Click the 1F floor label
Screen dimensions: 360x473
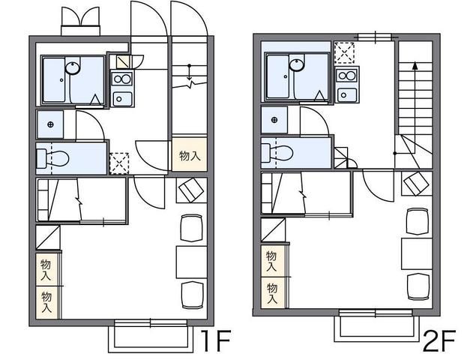(x=213, y=341)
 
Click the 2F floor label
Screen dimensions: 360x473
(x=438, y=341)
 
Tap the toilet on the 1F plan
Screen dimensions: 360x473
(x=54, y=158)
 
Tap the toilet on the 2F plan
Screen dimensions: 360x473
(x=278, y=152)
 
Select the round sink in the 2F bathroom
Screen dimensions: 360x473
(x=295, y=64)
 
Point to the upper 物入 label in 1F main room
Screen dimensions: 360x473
(x=46, y=270)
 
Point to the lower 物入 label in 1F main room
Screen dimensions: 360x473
(x=46, y=302)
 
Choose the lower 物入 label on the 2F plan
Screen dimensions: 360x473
(x=271, y=291)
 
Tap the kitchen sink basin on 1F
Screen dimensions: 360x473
(x=121, y=97)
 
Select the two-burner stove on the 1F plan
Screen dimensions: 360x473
(x=121, y=78)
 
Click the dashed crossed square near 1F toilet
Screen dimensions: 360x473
(x=119, y=163)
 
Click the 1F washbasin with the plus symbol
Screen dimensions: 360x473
(x=51, y=124)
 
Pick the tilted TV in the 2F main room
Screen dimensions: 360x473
(x=414, y=184)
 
